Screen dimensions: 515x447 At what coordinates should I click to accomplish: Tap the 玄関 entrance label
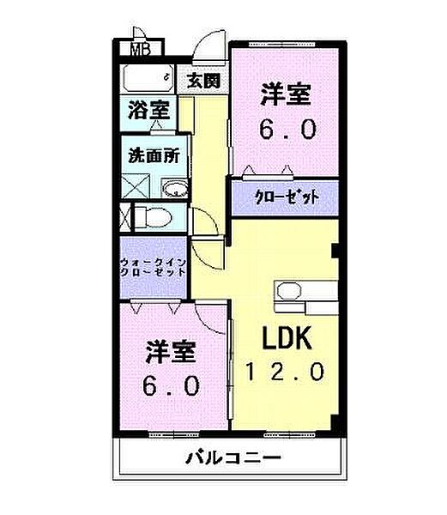point(203,82)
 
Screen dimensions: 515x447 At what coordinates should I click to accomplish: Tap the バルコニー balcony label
point(232,457)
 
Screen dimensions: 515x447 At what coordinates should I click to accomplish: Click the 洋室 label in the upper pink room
point(286,95)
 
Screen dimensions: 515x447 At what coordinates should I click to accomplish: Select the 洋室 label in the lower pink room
point(172,352)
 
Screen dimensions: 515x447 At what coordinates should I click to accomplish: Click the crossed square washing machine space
point(133,185)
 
